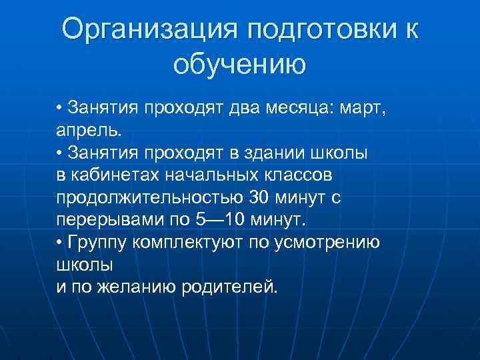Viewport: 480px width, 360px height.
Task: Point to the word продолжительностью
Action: pos(149,197)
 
